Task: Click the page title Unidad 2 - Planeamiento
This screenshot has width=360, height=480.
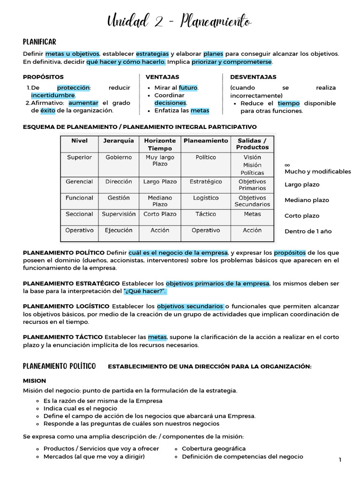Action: click(180, 21)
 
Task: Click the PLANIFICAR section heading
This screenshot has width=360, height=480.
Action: click(39, 42)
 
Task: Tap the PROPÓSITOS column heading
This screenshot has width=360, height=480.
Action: click(43, 77)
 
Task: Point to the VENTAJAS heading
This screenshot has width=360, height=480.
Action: click(162, 77)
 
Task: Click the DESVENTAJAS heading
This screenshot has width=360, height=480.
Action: click(253, 77)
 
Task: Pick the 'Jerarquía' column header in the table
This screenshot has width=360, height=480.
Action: click(119, 141)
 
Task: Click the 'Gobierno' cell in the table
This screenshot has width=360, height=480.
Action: click(119, 157)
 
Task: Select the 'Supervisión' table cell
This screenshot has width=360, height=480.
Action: click(119, 214)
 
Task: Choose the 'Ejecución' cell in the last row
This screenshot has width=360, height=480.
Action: click(119, 230)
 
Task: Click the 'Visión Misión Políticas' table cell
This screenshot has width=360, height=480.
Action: click(252, 165)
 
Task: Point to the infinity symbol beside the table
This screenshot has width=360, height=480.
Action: click(287, 165)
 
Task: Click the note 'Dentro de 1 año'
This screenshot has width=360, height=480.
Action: click(308, 232)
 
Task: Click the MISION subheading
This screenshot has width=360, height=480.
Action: click(34, 381)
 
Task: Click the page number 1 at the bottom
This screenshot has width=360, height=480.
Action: click(340, 461)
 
